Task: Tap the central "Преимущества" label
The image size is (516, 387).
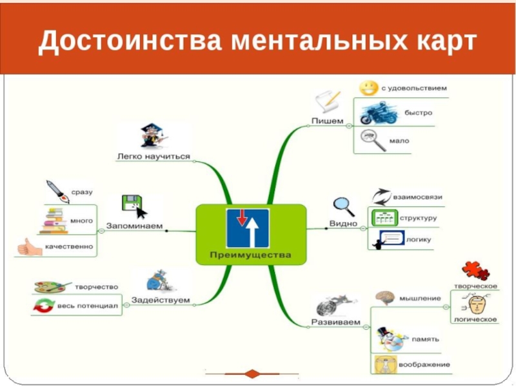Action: click(251, 255)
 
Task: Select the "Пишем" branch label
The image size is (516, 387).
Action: click(327, 121)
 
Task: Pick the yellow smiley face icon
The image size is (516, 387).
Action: click(368, 87)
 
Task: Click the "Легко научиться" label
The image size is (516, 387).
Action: click(154, 156)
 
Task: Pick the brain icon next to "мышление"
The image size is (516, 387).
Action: click(385, 297)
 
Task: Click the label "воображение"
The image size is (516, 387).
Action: click(424, 365)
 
